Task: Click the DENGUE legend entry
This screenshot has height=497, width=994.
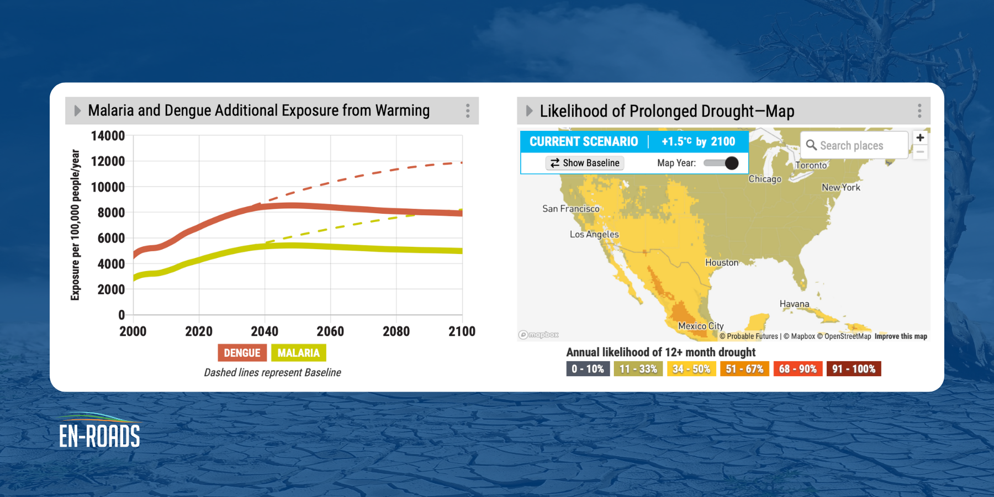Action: click(x=242, y=353)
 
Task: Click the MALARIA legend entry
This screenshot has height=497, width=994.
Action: click(x=298, y=353)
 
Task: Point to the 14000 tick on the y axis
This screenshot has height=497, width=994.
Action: click(x=108, y=136)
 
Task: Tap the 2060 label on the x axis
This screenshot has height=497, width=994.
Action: click(x=330, y=331)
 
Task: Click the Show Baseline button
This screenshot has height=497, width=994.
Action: click(x=585, y=163)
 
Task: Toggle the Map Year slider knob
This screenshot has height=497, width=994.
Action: click(x=731, y=163)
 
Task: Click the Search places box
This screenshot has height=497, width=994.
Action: click(x=854, y=145)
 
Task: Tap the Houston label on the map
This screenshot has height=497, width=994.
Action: click(x=721, y=262)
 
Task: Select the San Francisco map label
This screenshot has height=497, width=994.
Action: click(x=570, y=209)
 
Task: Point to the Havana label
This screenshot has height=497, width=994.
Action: click(x=794, y=304)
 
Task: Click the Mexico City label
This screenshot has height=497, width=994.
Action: click(x=700, y=326)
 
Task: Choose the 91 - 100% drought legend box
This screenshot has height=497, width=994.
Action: click(x=853, y=369)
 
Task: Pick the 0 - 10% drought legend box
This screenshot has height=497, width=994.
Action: click(x=588, y=369)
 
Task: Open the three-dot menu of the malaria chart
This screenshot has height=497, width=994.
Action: click(x=468, y=110)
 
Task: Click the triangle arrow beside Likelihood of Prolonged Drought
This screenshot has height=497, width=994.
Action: click(x=529, y=111)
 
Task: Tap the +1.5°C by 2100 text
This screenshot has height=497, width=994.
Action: click(x=698, y=141)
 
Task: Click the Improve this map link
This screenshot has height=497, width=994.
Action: click(x=900, y=336)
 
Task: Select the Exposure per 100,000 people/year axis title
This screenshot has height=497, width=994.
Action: click(x=76, y=225)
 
